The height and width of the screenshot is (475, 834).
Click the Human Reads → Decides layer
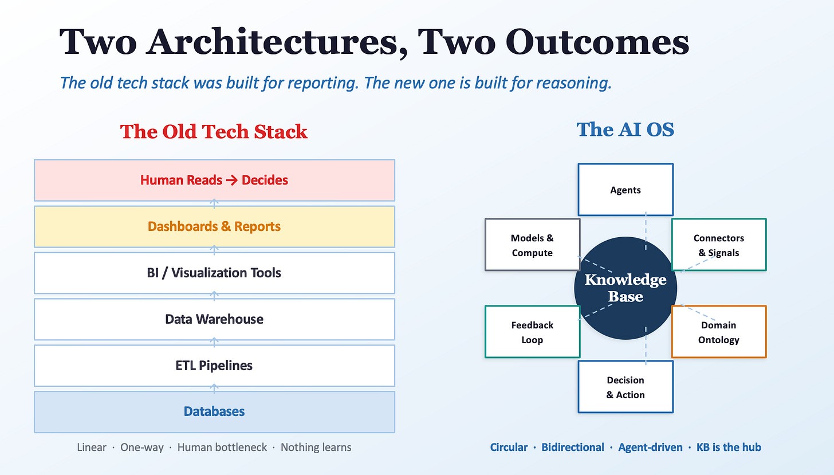coord(214,180)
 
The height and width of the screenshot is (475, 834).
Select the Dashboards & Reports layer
coord(214,226)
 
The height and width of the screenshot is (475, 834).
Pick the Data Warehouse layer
coord(214,319)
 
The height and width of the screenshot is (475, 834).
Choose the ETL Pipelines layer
coord(214,366)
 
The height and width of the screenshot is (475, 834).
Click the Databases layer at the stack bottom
coord(214,412)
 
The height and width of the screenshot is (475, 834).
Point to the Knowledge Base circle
coord(625,288)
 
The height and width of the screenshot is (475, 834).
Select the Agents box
coord(625,190)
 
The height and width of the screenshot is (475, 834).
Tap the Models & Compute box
coord(533,245)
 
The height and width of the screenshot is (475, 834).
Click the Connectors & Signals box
coord(719,245)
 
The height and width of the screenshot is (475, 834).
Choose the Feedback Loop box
coord(533,332)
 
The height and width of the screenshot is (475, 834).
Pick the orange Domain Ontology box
coord(719,332)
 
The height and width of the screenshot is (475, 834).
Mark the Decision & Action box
coord(625,387)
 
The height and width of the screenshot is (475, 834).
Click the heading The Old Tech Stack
coord(214,132)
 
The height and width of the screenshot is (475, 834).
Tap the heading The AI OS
coord(625,129)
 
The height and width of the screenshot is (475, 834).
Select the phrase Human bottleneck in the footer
coord(222,447)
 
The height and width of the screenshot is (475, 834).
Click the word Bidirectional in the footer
coord(573,447)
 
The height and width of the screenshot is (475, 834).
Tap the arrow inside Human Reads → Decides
coord(231,180)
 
